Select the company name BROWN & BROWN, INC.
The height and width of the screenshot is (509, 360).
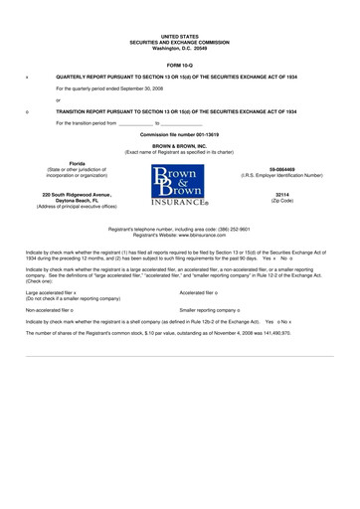coord(179,145)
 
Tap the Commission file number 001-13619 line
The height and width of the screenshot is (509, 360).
coord(179,133)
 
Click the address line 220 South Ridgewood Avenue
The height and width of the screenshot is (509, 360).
coord(76,194)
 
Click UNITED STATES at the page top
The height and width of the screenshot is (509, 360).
coord(179,34)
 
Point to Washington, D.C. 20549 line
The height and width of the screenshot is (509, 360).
coord(179,46)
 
